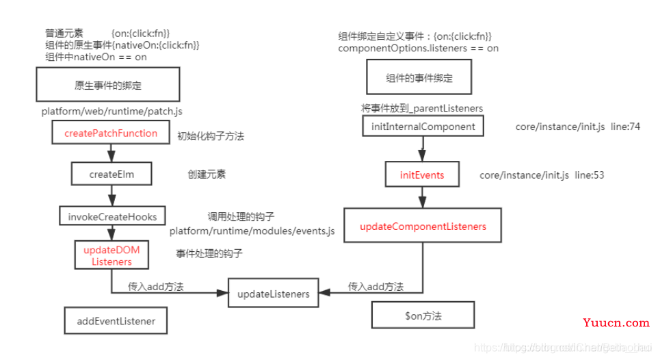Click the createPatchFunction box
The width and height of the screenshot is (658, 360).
[110, 133]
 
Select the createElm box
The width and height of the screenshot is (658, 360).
[111, 174]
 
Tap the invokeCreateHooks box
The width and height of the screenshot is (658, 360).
[112, 216]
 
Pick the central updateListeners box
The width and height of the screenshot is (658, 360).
[273, 294]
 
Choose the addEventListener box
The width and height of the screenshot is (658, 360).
[116, 320]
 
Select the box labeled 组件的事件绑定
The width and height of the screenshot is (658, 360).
[419, 78]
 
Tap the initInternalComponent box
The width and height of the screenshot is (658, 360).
[423, 127]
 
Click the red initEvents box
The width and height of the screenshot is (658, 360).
[422, 175]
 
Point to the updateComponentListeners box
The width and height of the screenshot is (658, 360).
[423, 226]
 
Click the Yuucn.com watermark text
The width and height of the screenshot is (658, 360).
[616, 322]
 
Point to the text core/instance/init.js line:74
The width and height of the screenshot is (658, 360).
[577, 127]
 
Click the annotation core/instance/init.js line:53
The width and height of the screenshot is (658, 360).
[542, 175]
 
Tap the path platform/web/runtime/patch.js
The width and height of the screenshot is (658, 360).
[111, 110]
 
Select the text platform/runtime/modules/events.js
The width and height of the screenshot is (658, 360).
[252, 231]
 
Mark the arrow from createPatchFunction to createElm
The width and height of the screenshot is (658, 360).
[111, 153]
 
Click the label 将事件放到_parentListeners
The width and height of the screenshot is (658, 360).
[422, 108]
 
